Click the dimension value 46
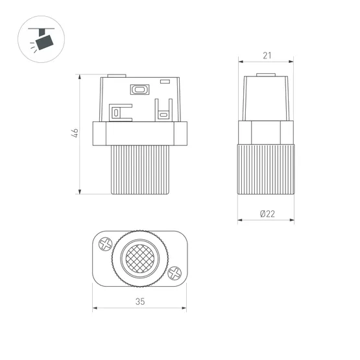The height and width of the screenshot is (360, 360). [x=75, y=133]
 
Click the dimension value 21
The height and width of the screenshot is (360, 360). [x=267, y=56]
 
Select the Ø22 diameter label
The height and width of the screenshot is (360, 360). [x=267, y=213]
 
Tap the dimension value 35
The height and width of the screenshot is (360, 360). [x=140, y=301]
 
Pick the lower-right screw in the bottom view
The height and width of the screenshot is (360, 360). [x=174, y=273]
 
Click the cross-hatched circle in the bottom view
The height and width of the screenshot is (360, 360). [x=140, y=258]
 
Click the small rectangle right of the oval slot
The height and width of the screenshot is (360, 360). [x=165, y=82]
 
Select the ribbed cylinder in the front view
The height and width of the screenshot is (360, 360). [x=140, y=170]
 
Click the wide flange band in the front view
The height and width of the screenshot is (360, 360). [x=140, y=134]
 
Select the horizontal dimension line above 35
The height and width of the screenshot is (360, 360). [x=140, y=307]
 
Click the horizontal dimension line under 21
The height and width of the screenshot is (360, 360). [x=267, y=62]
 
